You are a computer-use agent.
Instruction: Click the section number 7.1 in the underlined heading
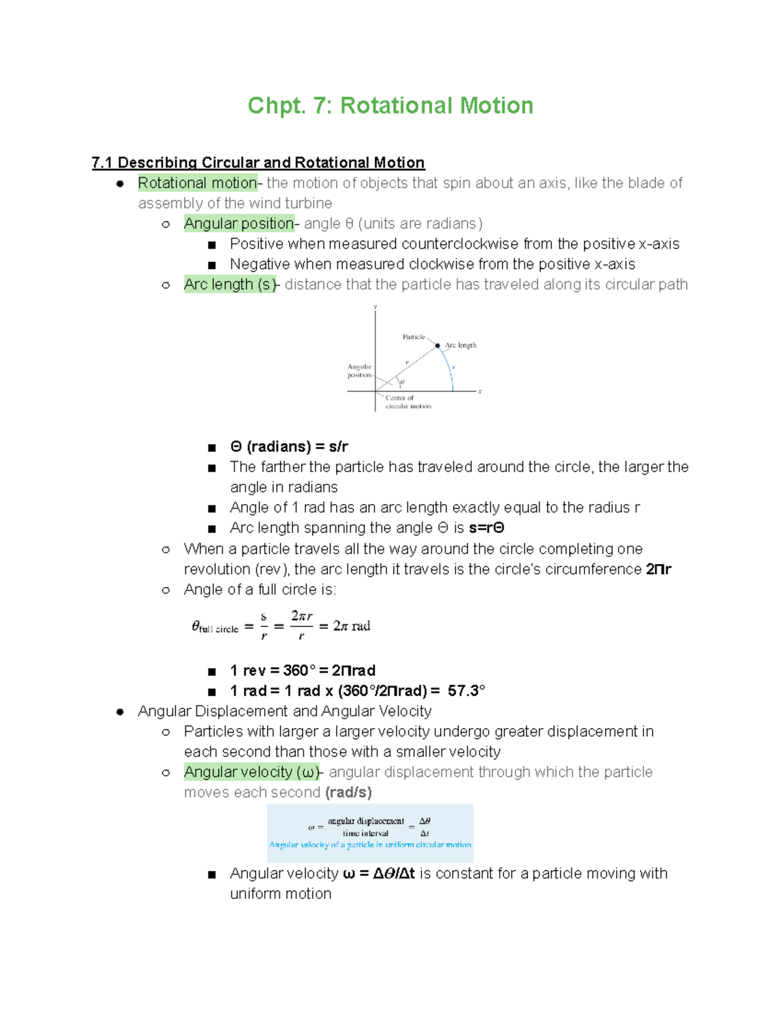pyautogui.click(x=102, y=163)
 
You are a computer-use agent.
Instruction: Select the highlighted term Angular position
pyautogui.click(x=239, y=223)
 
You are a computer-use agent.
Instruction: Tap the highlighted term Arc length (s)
pyautogui.click(x=230, y=285)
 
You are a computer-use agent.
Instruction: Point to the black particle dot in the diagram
pyautogui.click(x=438, y=345)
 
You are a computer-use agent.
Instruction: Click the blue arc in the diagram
pyautogui.click(x=450, y=369)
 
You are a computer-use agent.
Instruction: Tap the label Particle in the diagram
pyautogui.click(x=414, y=337)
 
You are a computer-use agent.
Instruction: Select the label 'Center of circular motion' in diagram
pyautogui.click(x=408, y=402)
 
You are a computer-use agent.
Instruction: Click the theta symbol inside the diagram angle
pyautogui.click(x=402, y=382)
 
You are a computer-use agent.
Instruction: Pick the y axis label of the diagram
pyautogui.click(x=375, y=306)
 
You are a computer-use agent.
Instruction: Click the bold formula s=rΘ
pyautogui.click(x=486, y=528)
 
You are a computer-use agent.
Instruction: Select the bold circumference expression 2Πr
pyautogui.click(x=658, y=569)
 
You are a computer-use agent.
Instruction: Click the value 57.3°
pyautogui.click(x=467, y=691)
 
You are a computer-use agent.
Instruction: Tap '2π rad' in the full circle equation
pyautogui.click(x=352, y=626)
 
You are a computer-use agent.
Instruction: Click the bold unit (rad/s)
pyautogui.click(x=348, y=793)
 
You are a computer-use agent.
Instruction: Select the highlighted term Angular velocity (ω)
pyautogui.click(x=252, y=772)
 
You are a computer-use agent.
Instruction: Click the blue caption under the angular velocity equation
pyautogui.click(x=370, y=845)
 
